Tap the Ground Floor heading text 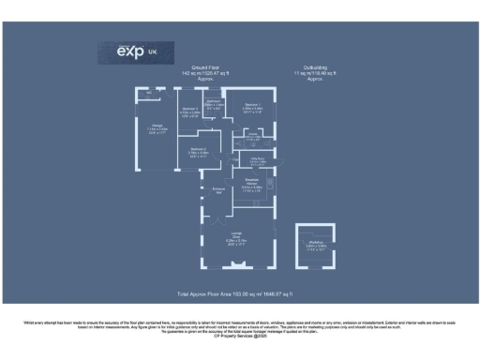pos(205,67)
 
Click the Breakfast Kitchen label pos(251,184)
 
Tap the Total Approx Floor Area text pos(238,293)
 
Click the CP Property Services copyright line pos(240,336)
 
